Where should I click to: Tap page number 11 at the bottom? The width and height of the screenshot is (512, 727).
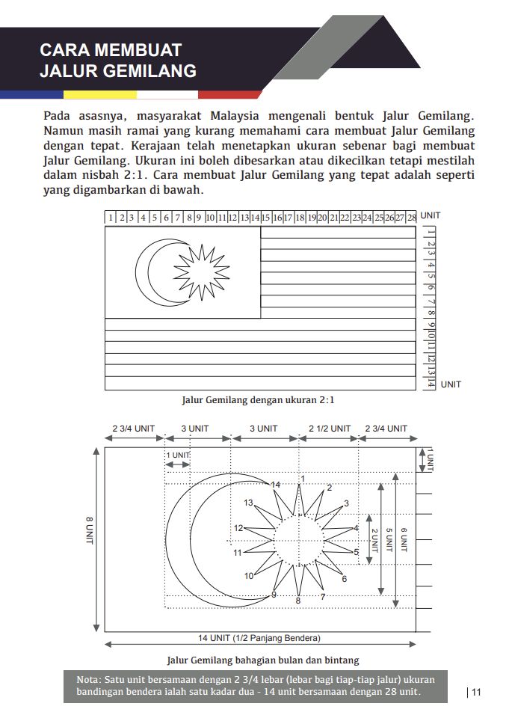click(476, 692)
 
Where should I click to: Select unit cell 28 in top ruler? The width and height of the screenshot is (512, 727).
click(411, 218)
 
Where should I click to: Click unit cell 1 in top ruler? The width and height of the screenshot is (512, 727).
click(111, 218)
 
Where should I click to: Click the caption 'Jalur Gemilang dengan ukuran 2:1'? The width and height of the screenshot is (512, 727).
click(259, 399)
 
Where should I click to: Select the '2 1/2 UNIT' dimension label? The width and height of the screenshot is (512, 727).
click(330, 429)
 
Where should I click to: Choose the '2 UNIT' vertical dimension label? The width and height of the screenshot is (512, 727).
click(374, 541)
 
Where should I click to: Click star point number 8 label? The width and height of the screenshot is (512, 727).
click(298, 601)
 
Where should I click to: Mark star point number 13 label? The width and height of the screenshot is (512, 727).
click(248, 503)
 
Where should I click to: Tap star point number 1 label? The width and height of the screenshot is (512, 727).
click(303, 478)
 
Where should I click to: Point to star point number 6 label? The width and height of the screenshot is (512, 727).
click(344, 579)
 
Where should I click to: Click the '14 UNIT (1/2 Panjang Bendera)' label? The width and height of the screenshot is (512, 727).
click(260, 638)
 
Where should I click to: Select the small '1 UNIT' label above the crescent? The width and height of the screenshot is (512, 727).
click(177, 455)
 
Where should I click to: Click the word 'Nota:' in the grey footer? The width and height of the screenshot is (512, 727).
click(91, 678)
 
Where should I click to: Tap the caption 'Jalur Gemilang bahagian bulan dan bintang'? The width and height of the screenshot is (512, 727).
click(262, 660)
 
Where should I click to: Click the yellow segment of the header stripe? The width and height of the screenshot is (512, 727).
click(99, 95)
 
